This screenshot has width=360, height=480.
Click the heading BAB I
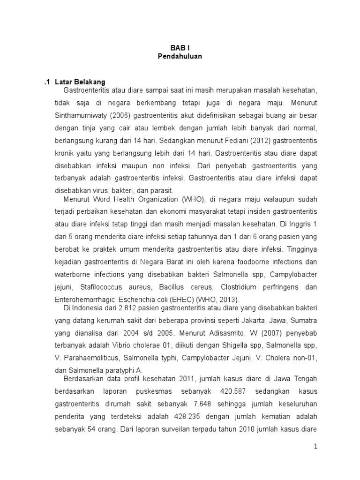(x=180, y=48)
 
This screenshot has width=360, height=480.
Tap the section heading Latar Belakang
(x=80, y=82)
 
